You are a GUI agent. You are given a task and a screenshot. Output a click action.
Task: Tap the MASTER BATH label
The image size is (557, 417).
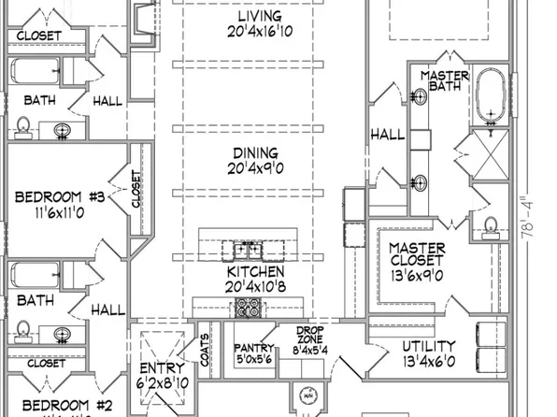coord(444,81)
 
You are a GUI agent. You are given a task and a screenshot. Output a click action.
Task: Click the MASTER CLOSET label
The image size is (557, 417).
coord(417,255)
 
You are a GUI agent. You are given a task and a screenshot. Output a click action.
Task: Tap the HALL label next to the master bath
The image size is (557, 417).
coord(388,135)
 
